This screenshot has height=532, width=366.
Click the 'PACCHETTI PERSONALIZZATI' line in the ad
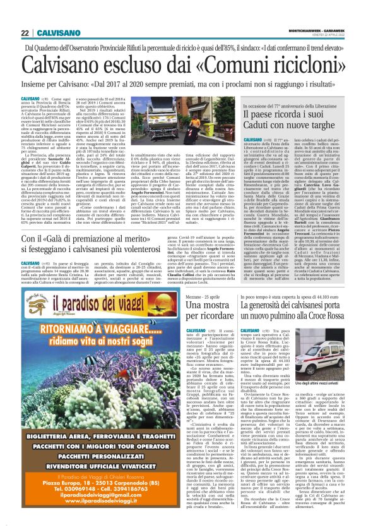pos(98,455)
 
